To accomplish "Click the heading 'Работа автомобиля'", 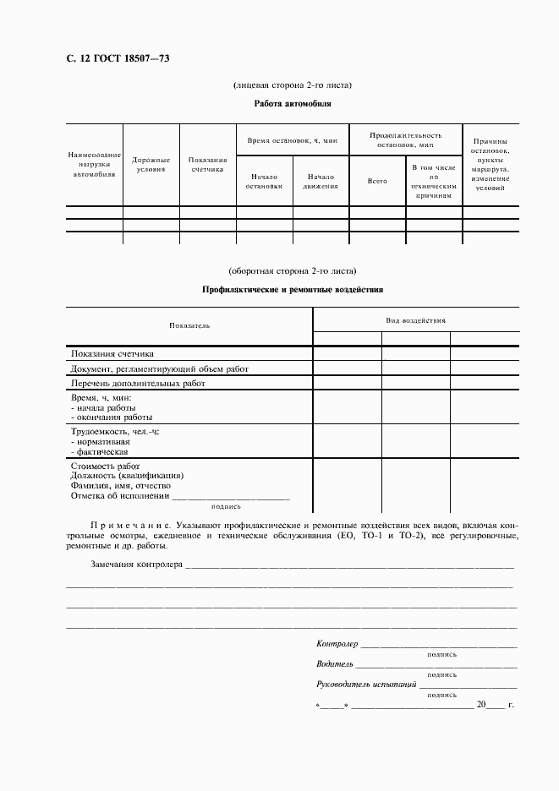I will [292, 104].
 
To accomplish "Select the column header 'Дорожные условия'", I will [151, 164].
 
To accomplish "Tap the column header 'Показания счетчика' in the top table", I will [207, 164].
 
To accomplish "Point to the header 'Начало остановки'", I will [264, 181].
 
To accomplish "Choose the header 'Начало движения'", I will [321, 181].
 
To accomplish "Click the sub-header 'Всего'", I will [376, 181].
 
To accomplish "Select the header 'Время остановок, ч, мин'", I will [292, 139].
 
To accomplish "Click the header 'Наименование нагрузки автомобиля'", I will [95, 164].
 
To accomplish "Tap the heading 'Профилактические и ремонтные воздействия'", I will [293, 289].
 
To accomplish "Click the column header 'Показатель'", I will [189, 325].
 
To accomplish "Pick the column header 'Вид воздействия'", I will [415, 320].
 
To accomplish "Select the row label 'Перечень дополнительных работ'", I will [138, 383].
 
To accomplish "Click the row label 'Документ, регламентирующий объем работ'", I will [160, 368].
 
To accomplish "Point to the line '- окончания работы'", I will [112, 417].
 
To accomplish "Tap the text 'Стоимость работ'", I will [106, 466].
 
